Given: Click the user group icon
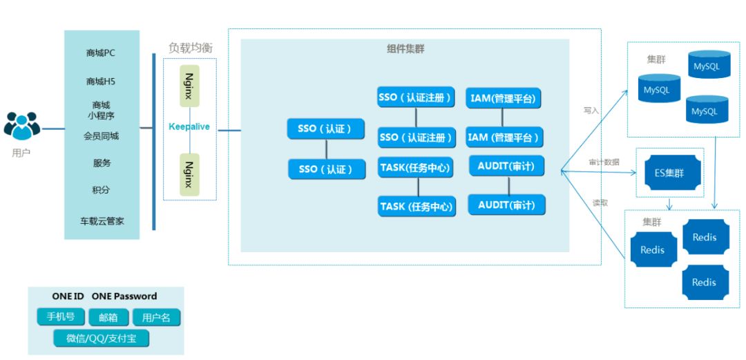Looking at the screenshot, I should [x=22, y=126].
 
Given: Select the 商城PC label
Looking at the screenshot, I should [x=101, y=53].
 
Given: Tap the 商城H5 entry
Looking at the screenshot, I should [x=101, y=82].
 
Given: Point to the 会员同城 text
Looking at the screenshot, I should [x=101, y=136].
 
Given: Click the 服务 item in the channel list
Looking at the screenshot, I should [x=102, y=164].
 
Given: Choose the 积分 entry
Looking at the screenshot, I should [x=102, y=190].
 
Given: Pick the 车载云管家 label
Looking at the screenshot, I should [x=102, y=221].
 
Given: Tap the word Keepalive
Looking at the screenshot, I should [x=189, y=126].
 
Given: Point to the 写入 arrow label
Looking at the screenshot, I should [x=591, y=110].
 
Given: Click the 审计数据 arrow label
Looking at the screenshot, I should [x=604, y=162].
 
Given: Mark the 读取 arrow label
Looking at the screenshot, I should [x=600, y=202].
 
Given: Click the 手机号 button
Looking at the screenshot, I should [x=61, y=317].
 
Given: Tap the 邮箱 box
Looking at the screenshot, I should [x=108, y=318].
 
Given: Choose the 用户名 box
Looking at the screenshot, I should [x=156, y=318].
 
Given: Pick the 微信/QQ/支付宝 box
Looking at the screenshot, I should [x=102, y=339].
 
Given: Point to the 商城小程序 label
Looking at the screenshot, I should [x=101, y=110].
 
